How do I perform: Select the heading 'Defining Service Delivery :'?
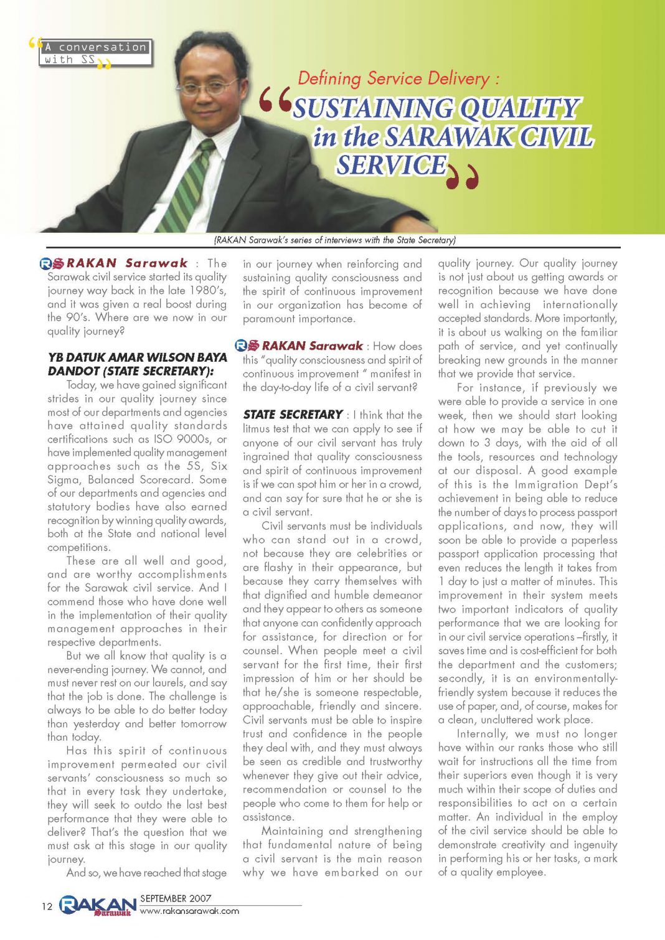399,78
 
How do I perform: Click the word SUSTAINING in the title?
374,109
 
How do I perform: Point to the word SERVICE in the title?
392,165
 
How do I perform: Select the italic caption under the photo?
334,240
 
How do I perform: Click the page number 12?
47,906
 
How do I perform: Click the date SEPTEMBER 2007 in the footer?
176,898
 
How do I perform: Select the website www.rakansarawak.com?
189,911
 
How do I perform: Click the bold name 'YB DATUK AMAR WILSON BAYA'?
137,357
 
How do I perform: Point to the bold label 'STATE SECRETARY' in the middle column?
293,415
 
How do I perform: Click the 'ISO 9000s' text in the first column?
184,439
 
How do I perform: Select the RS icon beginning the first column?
52,263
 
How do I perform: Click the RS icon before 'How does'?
247,345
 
